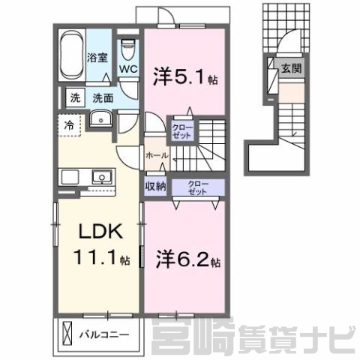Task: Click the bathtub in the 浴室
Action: coord(71,55)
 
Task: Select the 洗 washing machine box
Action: coord(76,97)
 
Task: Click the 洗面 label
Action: coord(103,98)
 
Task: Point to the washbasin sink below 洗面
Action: coord(100,118)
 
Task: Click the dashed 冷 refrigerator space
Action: coord(69,125)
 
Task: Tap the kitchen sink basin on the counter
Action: coord(102,177)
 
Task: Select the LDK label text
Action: coord(100,232)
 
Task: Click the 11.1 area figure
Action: coord(95,257)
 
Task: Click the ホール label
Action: coord(157,155)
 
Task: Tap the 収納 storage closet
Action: coord(156,186)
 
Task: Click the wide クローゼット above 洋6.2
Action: coord(198,187)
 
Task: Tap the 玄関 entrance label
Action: coord(292,68)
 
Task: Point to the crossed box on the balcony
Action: coord(67,334)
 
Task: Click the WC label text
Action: coord(128,69)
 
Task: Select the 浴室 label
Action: coord(97,58)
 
